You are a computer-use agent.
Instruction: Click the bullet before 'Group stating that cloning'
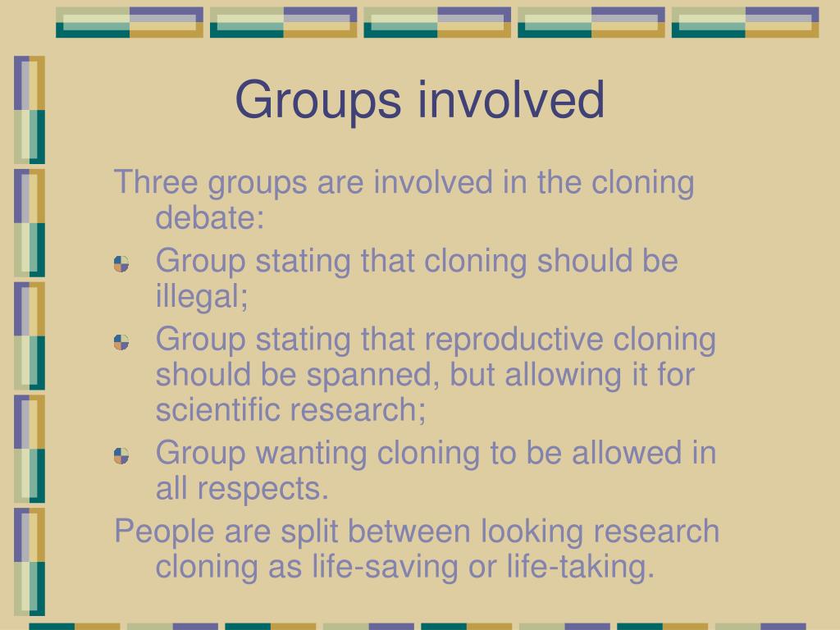tap(121, 264)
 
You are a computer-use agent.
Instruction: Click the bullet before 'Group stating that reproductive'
tap(121, 342)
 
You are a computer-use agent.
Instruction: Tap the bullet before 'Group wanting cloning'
tap(121, 455)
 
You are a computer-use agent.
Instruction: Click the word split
tap(312, 532)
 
